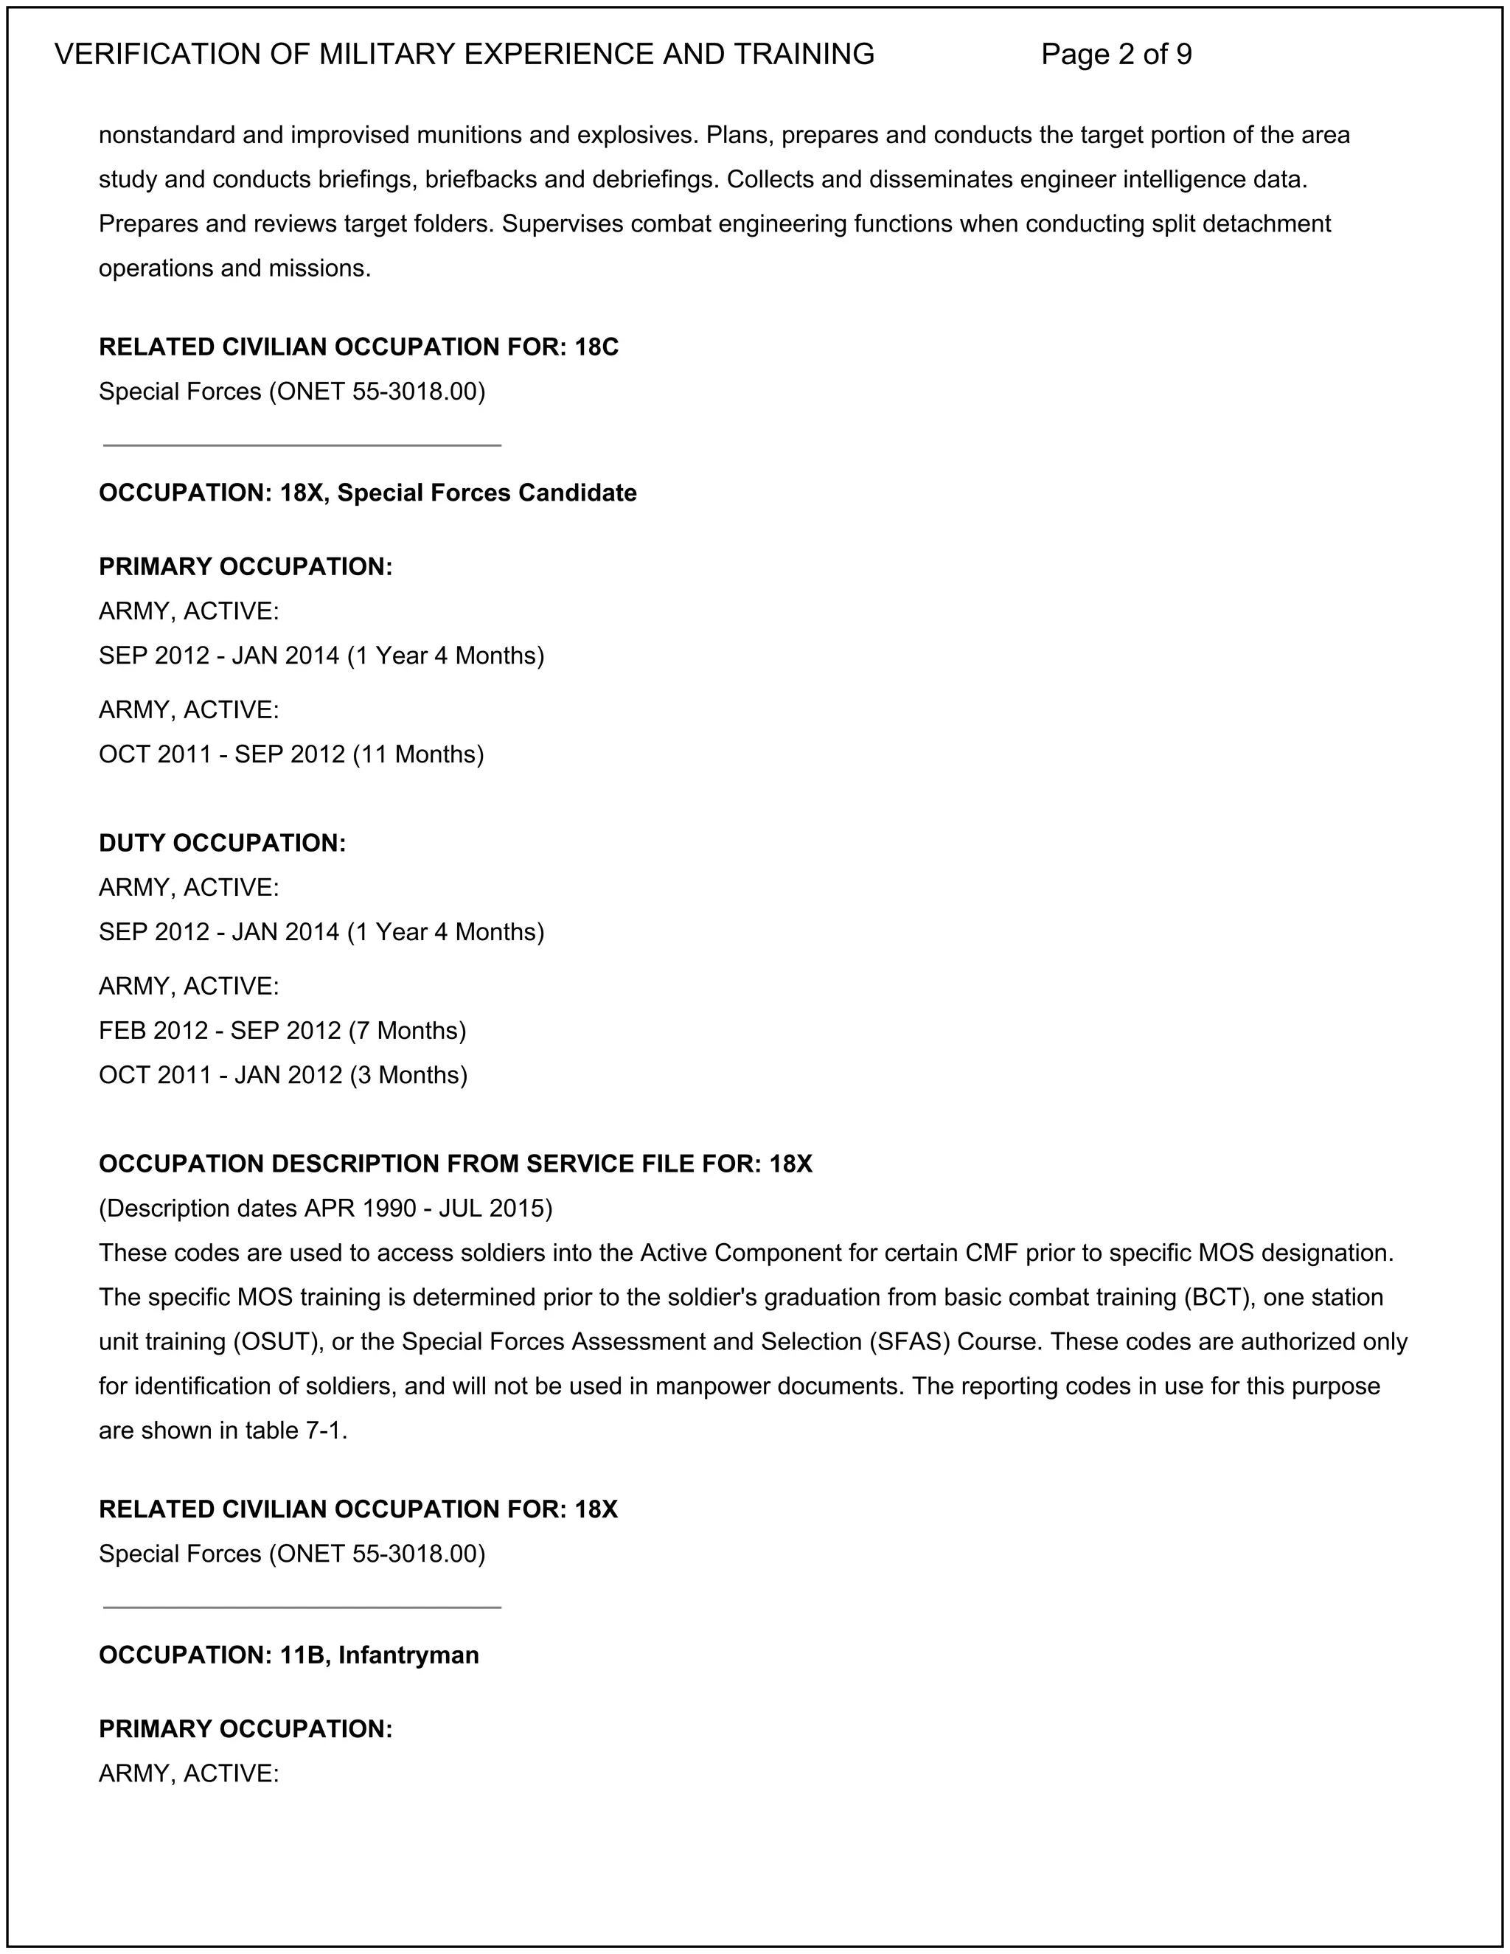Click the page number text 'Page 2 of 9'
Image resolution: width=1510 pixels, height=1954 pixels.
pyautogui.click(x=1116, y=55)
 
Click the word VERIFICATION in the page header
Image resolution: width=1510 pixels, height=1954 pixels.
pyautogui.click(x=160, y=55)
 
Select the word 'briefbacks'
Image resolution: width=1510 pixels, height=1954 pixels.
pyautogui.click(x=481, y=180)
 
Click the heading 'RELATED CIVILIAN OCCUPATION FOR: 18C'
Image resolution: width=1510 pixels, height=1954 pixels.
pyautogui.click(x=358, y=347)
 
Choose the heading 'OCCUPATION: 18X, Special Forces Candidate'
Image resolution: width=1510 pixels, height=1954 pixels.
pyautogui.click(x=366, y=493)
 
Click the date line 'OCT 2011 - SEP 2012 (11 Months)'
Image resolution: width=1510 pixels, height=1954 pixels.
pyautogui.click(x=290, y=754)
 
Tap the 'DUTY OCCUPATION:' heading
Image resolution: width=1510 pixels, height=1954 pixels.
pyautogui.click(x=222, y=843)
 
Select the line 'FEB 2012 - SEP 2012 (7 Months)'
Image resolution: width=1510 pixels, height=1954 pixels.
pyautogui.click(x=282, y=1031)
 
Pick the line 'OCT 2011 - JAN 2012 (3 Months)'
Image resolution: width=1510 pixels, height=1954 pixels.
pyautogui.click(x=282, y=1074)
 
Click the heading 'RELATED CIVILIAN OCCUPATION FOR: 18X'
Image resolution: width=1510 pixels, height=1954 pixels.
pyautogui.click(x=358, y=1509)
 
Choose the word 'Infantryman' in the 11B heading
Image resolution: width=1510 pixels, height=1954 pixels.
pyautogui.click(x=408, y=1655)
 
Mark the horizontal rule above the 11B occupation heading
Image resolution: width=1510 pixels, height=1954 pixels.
pyautogui.click(x=302, y=1607)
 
